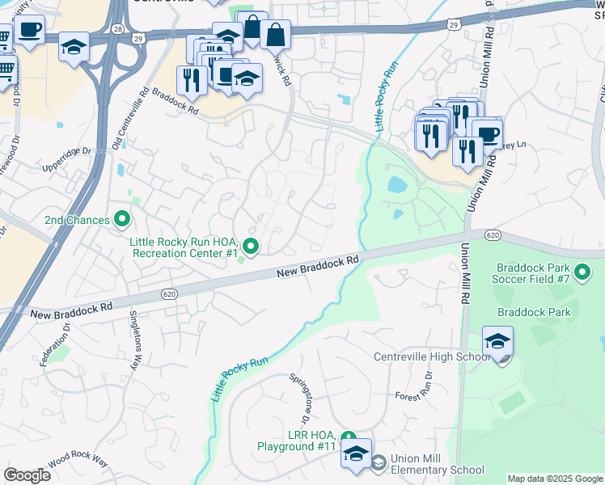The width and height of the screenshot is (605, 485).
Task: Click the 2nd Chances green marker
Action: [122, 218]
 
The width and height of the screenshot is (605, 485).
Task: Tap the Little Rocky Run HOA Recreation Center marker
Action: [252, 247]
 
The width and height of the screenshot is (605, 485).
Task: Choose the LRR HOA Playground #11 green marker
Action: [349, 436]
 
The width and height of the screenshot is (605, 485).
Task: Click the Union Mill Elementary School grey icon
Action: [378, 462]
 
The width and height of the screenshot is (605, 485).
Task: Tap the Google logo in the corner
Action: [27, 475]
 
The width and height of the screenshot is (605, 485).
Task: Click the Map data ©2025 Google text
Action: [554, 479]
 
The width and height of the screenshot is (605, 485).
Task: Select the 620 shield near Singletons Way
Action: [168, 293]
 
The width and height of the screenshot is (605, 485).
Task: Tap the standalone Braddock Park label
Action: [533, 312]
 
